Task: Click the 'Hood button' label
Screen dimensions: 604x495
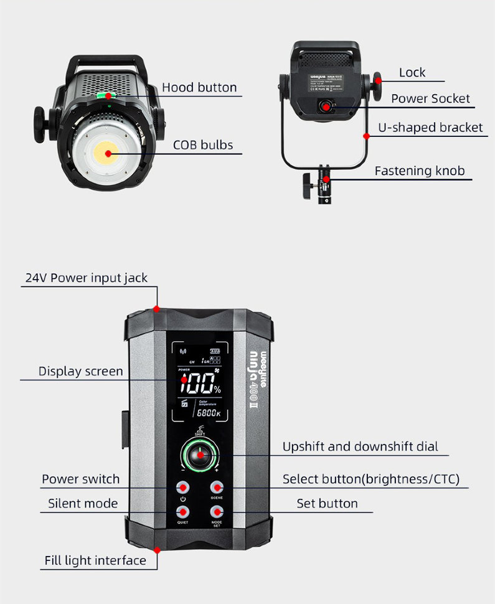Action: (x=199, y=87)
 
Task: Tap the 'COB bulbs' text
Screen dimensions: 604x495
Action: (x=203, y=145)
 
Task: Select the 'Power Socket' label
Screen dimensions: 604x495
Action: (x=430, y=98)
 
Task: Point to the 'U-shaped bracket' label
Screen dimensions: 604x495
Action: (x=430, y=128)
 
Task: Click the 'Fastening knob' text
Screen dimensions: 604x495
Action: (x=419, y=171)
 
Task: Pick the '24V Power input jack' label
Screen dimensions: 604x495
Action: (x=86, y=278)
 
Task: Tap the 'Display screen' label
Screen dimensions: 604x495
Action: (x=80, y=371)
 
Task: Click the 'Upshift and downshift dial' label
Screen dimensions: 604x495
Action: (x=360, y=446)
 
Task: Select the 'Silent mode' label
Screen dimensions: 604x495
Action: (x=83, y=503)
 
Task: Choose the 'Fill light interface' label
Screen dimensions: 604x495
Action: (x=95, y=560)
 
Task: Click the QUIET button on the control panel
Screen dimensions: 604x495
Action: (x=182, y=512)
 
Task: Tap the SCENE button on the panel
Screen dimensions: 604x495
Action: (x=217, y=487)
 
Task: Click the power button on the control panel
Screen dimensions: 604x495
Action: (x=182, y=487)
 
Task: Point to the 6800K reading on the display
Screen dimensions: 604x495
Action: (x=208, y=413)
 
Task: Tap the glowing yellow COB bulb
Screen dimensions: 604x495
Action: (x=108, y=153)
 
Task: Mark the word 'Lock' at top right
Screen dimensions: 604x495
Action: (x=412, y=73)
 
